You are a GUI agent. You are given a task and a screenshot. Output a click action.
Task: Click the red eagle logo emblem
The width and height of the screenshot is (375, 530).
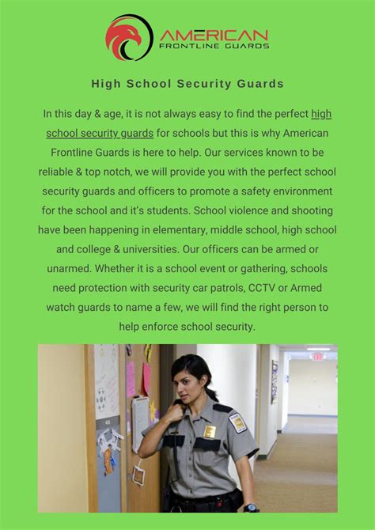128,37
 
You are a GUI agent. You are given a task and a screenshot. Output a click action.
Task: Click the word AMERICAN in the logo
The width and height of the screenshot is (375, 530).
214,35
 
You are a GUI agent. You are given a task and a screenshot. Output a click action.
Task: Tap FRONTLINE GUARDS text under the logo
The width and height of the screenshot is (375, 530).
214,47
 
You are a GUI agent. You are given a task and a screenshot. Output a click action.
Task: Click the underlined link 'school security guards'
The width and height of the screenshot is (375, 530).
100,133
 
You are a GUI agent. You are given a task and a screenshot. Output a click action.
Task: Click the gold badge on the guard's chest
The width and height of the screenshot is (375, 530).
210,432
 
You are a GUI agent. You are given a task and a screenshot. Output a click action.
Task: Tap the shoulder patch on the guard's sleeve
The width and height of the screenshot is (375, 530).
237,422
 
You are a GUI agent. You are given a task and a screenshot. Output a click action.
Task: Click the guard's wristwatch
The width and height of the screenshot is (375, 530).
251,507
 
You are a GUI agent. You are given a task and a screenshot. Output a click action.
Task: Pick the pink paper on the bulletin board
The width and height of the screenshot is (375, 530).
131,379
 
